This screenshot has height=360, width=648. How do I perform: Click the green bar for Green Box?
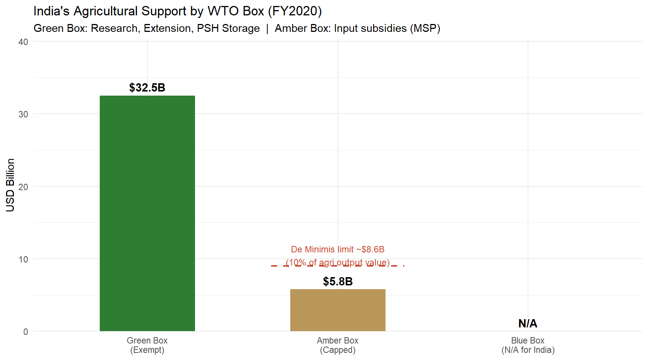point(147,213)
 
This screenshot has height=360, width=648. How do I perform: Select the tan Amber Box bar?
point(338,310)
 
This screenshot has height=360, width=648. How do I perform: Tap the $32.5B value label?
point(147,88)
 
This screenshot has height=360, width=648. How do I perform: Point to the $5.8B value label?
point(338,281)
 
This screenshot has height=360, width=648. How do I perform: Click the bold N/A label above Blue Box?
point(528,323)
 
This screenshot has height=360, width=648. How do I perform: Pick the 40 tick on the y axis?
point(23,42)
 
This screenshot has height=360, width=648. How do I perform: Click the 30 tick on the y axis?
point(23,114)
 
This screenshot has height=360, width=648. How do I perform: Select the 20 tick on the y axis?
point(23,187)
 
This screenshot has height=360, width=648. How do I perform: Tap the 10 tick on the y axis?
point(23,259)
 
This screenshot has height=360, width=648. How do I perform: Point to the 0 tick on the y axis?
point(25,331)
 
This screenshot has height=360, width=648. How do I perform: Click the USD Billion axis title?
point(10,185)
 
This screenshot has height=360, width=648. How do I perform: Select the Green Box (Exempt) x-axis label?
point(147,345)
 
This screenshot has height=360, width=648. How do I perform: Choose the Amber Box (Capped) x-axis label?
point(338,345)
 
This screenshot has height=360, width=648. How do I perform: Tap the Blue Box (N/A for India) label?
point(528,345)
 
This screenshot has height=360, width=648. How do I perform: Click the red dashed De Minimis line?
point(338,266)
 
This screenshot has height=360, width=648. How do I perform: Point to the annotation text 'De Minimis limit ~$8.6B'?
point(338,249)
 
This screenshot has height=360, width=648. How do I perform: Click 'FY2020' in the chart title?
point(295,11)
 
